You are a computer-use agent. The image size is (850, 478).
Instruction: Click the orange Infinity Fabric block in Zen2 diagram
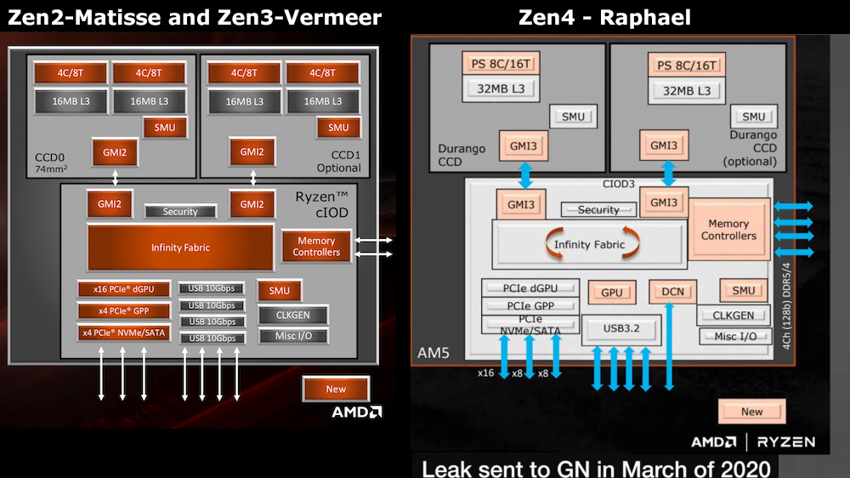180,248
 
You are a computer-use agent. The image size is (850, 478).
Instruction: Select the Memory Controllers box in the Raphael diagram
728,230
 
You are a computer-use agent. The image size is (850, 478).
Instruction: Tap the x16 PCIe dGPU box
122,289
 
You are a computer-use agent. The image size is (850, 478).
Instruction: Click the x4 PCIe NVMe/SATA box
122,333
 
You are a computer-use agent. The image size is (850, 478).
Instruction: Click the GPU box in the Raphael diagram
612,292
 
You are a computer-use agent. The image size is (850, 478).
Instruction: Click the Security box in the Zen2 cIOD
180,211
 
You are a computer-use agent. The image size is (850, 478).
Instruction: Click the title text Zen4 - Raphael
604,16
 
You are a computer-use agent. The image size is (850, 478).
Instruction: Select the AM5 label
435,351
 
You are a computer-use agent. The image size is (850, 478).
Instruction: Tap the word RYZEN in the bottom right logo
786,441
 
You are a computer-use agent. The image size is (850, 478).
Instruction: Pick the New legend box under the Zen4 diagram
752,412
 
